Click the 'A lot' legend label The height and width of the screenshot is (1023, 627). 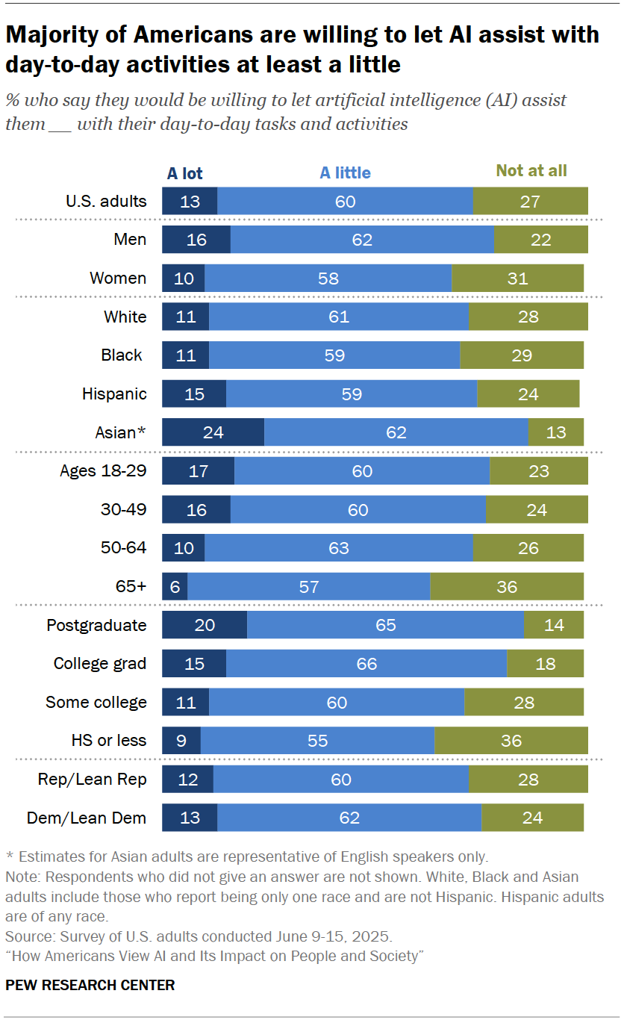click(184, 173)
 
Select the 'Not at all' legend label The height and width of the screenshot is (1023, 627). click(531, 171)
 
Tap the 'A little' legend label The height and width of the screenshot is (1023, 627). click(345, 173)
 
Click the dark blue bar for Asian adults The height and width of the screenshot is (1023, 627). click(213, 432)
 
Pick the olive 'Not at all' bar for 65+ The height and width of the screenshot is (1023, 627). click(507, 587)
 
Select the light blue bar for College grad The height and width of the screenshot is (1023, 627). click(366, 664)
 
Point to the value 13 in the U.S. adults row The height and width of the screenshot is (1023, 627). click(190, 202)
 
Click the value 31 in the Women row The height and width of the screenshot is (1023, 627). click(517, 279)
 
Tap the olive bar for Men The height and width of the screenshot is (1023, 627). click(540, 240)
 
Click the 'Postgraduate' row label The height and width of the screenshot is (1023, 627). click(96, 625)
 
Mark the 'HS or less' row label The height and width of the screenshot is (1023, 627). click(109, 741)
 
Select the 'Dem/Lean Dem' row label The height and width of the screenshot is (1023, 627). click(87, 818)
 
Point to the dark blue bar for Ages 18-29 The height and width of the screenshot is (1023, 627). click(198, 471)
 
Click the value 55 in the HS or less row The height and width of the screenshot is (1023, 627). click(317, 741)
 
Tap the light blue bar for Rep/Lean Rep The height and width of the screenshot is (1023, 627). click(340, 780)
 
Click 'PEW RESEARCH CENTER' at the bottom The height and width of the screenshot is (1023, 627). click(90, 985)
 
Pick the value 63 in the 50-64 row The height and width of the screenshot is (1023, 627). click(338, 548)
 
